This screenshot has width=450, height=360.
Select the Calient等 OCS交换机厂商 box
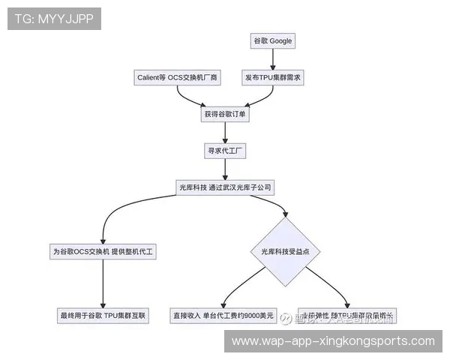click(177, 77)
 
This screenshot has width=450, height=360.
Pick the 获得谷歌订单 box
click(225, 114)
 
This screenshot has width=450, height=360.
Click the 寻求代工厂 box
click(225, 151)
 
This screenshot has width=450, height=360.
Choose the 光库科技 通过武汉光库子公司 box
click(225, 187)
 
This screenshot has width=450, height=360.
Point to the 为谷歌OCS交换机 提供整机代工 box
click(103, 252)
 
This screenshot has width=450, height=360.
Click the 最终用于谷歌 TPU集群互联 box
click(103, 316)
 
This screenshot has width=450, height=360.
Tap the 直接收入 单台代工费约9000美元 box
click(223, 316)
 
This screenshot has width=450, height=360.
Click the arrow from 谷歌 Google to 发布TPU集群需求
click(273, 58)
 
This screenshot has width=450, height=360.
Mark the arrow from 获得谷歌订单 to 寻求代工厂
click(225, 132)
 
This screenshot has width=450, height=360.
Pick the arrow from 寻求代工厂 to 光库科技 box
click(225, 169)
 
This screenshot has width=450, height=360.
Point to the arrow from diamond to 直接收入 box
click(240, 287)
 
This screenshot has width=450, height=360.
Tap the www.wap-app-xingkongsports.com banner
click(333, 340)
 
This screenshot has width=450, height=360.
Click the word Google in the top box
click(281, 40)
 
